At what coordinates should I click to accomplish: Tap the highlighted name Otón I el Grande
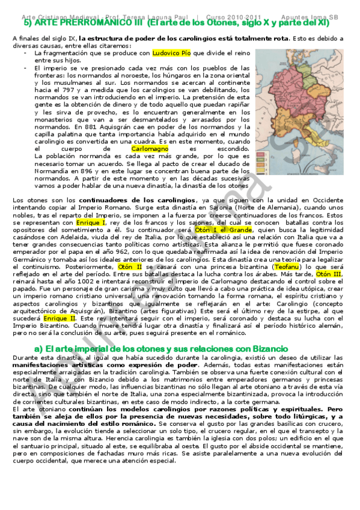coord(215,230)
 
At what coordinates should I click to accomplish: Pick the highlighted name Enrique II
coord(59,318)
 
